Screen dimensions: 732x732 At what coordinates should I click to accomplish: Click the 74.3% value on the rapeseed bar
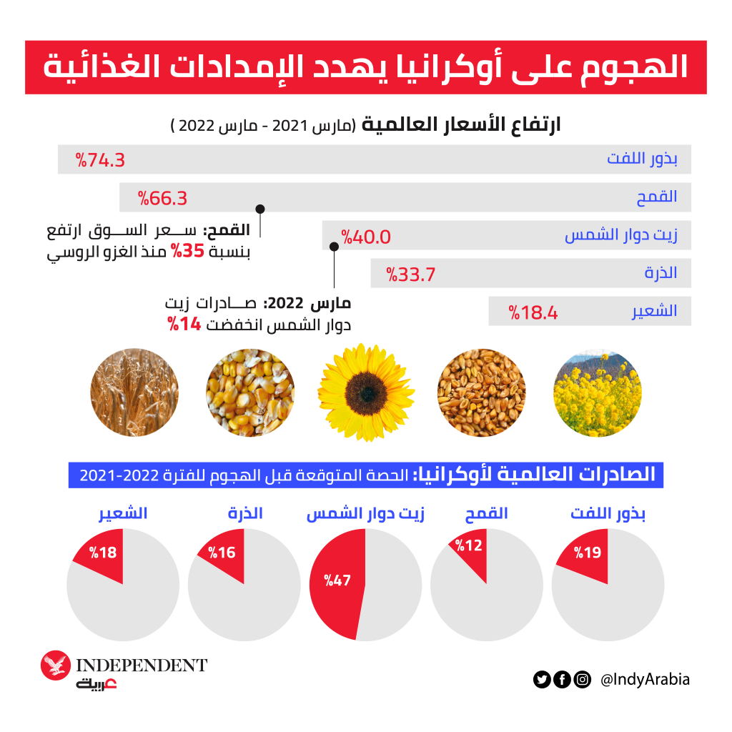101,160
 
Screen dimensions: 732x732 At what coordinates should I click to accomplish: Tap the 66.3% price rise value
163,198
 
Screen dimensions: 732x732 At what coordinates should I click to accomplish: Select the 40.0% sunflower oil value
366,237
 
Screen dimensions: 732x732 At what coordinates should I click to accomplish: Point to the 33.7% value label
411,274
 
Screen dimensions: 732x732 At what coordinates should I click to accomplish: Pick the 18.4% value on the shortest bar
533,312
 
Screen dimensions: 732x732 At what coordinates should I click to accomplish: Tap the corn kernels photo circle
249,392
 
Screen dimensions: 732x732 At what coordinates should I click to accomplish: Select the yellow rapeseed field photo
597,392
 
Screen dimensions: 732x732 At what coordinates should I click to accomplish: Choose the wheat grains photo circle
481,392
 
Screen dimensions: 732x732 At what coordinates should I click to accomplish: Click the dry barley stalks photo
134,392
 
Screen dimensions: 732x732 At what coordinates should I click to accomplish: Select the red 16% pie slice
223,555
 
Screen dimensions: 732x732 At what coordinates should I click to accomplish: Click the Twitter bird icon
542,680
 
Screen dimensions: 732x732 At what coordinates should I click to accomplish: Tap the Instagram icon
583,680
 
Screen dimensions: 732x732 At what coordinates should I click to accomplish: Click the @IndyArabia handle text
646,680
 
